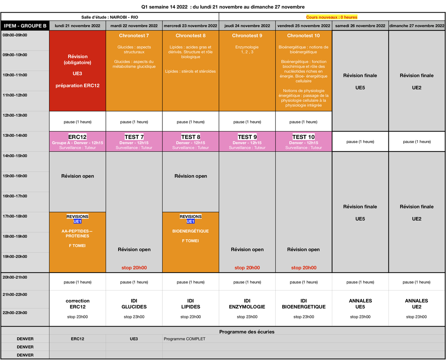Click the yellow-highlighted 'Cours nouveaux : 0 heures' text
332,17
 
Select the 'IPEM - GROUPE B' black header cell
25,26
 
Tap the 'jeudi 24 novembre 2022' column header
247,26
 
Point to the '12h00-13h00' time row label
15,115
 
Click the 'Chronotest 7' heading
134,36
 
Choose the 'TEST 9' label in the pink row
247,137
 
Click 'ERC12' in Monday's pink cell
77,137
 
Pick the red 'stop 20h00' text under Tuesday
134,267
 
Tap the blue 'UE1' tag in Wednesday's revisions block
190,221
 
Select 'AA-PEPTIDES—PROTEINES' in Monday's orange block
77,233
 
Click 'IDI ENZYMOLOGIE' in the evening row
247,304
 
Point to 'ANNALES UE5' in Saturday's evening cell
360,304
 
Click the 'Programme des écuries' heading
247,332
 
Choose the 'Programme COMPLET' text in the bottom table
184,339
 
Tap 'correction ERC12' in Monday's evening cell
77,304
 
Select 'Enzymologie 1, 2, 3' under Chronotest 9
247,49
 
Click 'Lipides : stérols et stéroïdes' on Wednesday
190,71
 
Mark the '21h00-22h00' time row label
15,295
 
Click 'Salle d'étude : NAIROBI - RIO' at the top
110,17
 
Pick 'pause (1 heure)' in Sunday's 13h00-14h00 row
417,142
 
